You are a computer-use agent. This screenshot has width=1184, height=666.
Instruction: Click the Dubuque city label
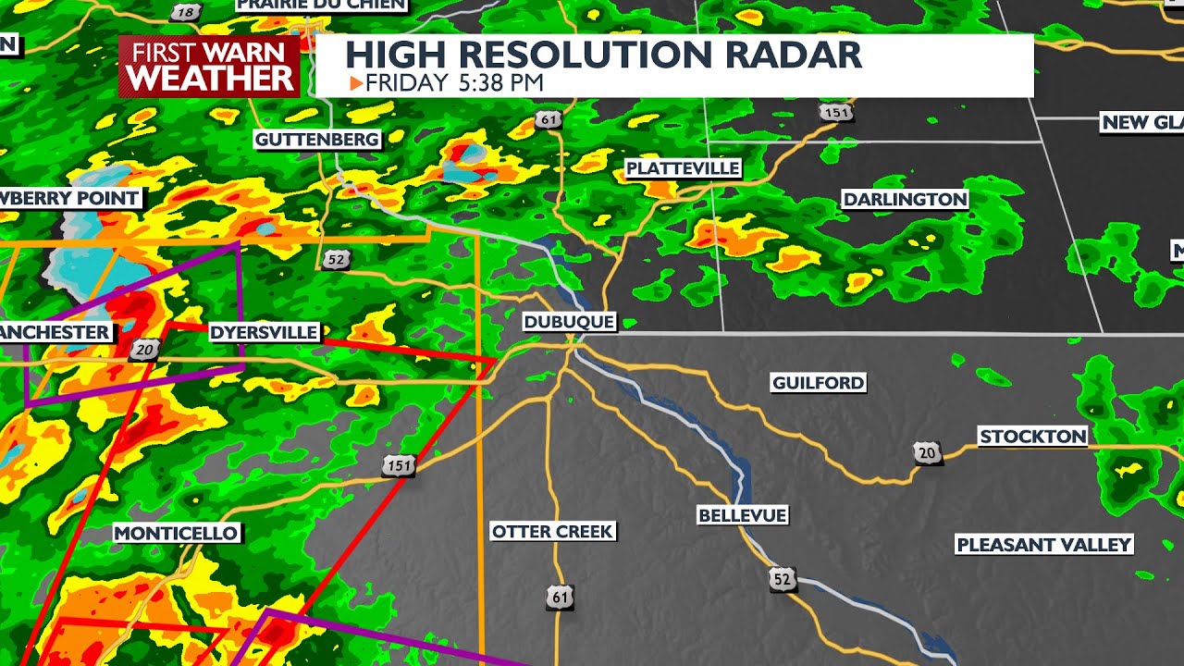click(x=569, y=322)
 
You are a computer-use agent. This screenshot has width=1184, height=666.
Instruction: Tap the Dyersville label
click(x=264, y=332)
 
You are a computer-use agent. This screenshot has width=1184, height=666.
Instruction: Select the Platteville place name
click(x=683, y=168)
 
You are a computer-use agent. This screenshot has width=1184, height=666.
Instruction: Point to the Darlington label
click(x=905, y=199)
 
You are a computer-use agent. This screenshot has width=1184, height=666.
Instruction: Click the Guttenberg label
click(x=317, y=140)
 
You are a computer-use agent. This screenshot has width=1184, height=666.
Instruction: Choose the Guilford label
click(x=818, y=382)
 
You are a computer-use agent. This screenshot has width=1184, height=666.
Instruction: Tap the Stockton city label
click(x=1032, y=437)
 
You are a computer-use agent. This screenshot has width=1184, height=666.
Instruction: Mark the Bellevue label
click(x=742, y=515)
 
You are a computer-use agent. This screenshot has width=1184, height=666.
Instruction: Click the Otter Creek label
click(x=552, y=531)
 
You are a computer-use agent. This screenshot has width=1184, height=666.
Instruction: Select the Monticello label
click(x=177, y=533)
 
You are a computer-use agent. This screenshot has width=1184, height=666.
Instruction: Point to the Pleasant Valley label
click(x=1043, y=545)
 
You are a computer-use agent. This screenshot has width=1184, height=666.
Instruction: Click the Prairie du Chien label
click(x=321, y=5)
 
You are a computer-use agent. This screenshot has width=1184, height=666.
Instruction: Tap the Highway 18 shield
click(x=186, y=12)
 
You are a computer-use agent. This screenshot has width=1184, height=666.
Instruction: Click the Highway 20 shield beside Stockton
click(x=927, y=452)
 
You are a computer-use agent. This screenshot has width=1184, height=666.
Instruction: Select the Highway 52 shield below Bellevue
click(x=783, y=580)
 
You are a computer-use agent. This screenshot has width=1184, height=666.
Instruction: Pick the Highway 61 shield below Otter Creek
click(x=560, y=598)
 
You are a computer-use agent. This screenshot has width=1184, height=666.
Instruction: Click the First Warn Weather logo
click(x=210, y=67)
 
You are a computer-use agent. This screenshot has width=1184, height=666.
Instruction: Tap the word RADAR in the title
click(x=794, y=55)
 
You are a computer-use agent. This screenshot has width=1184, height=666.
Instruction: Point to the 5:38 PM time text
click(x=500, y=83)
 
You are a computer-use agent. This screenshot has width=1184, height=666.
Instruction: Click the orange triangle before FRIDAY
click(x=355, y=83)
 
